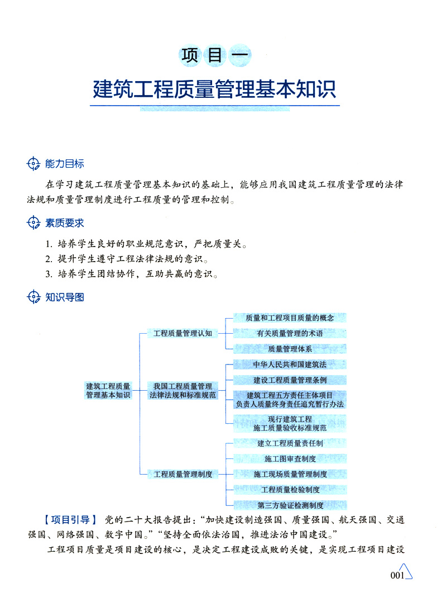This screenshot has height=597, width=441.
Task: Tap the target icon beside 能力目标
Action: [34, 164]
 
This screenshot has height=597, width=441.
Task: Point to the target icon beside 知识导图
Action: [34, 297]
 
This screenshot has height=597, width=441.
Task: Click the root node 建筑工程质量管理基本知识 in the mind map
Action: [108, 390]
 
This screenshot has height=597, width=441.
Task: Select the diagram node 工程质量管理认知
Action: [183, 334]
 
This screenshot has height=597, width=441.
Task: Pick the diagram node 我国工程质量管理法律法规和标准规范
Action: [183, 390]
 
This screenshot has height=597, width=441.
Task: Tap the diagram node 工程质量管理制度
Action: [183, 474]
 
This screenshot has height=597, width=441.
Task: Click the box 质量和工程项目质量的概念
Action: [290, 318]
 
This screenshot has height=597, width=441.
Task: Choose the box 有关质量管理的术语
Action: [290, 334]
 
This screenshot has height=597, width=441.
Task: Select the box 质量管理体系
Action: [290, 349]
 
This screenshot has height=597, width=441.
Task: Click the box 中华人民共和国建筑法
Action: [290, 364]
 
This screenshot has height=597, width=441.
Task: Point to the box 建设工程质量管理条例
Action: [290, 380]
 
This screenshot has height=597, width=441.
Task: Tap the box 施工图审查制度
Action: [290, 459]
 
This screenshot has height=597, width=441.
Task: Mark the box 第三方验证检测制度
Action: [290, 505]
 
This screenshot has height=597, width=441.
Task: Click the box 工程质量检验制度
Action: [290, 490]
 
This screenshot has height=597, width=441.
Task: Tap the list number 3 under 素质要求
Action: [49, 274]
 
